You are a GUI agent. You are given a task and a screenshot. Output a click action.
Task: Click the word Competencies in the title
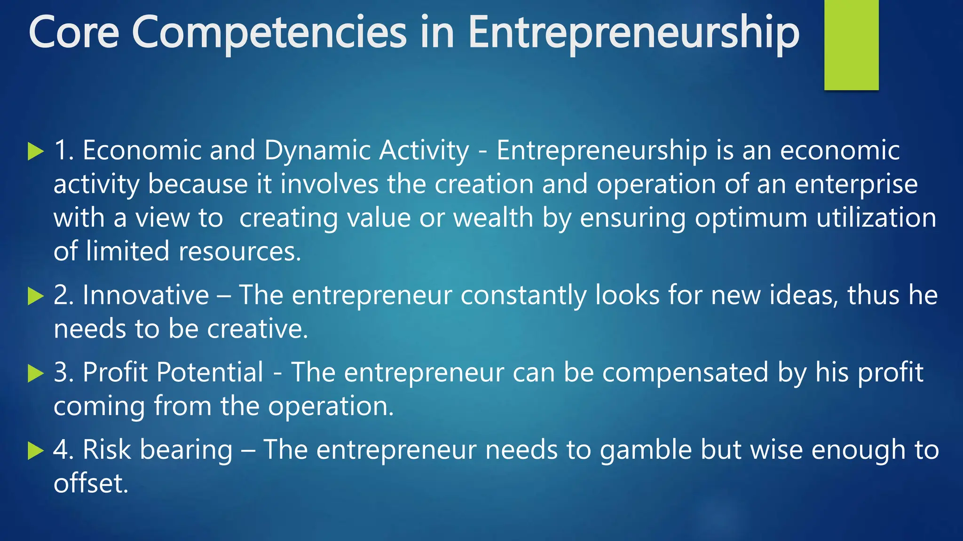[x=269, y=33]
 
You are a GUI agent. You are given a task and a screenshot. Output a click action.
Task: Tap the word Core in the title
[x=74, y=33]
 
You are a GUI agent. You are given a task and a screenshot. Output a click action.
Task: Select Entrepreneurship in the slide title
[x=633, y=33]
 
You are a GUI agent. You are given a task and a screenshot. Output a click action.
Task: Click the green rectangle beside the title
[x=851, y=45]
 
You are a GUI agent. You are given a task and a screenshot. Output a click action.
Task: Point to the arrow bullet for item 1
[x=36, y=152]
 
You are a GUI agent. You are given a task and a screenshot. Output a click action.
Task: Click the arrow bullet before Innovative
[x=36, y=296]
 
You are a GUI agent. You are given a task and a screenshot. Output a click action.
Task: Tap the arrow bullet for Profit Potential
[x=36, y=374]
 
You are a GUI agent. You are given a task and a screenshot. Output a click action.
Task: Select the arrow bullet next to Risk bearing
[x=36, y=451]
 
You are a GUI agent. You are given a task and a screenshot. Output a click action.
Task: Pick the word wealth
[x=493, y=218]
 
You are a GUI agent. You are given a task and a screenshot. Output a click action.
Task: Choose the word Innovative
[x=146, y=295]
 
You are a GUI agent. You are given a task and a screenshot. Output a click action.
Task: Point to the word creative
[x=258, y=329]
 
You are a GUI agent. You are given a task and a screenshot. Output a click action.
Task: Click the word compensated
[x=686, y=373]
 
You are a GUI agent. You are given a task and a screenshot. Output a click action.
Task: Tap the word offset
[x=91, y=483]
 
